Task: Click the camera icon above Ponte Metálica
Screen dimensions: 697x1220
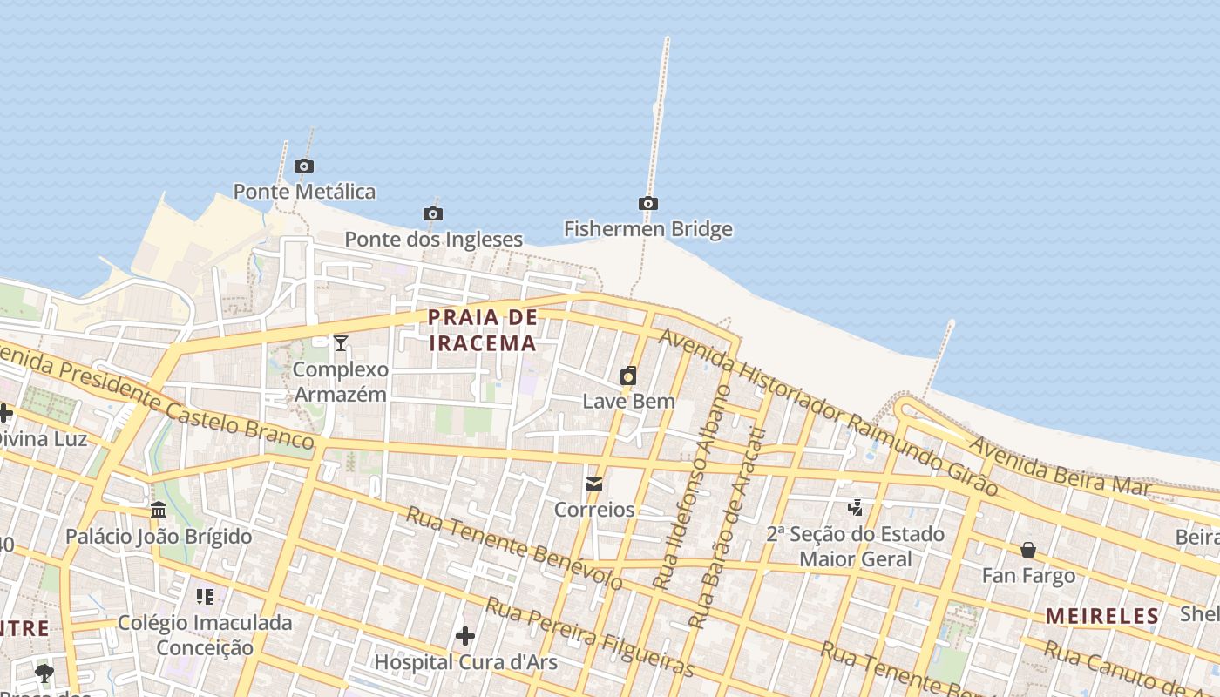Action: [x=303, y=166]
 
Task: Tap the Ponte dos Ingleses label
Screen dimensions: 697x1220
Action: [x=433, y=239]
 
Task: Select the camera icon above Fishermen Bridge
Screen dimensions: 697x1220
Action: [x=647, y=203]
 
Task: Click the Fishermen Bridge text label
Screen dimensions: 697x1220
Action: [x=647, y=229]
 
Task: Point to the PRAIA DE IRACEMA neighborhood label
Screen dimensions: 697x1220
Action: [x=483, y=330]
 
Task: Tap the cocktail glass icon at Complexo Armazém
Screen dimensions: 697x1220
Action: [x=341, y=343]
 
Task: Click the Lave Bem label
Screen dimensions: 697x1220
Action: [x=628, y=402]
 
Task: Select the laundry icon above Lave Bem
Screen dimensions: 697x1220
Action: [x=627, y=376]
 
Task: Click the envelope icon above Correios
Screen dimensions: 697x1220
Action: [x=594, y=484]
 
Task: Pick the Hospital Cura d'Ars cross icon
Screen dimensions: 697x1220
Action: [x=465, y=636]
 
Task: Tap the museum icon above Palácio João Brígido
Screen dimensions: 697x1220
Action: [x=159, y=510]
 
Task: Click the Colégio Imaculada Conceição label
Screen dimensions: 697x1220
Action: [x=205, y=635]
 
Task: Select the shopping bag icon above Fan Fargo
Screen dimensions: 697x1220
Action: [x=1028, y=550]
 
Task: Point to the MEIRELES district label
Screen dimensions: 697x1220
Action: [x=1102, y=616]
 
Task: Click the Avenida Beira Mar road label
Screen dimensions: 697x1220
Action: [x=1059, y=467]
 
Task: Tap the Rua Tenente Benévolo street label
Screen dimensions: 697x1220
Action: [x=514, y=547]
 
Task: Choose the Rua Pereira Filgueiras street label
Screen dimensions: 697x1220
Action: [x=590, y=637]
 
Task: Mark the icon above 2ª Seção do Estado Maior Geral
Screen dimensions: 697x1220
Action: [x=856, y=507]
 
